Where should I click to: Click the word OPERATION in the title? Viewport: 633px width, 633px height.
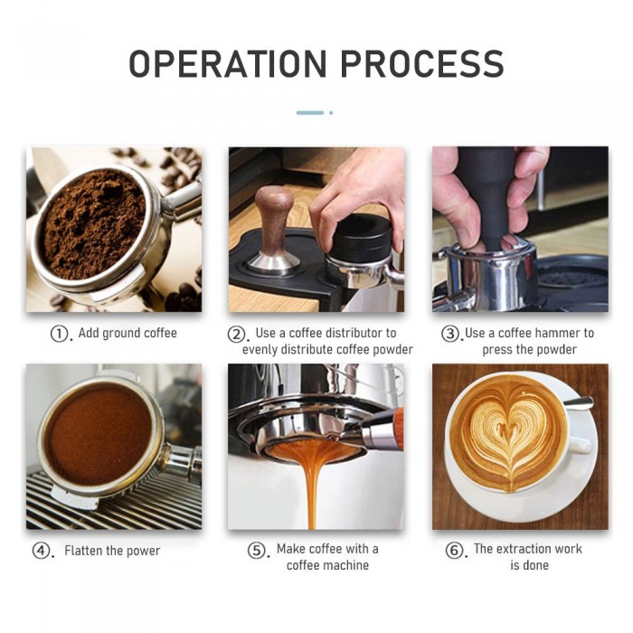(x=228, y=63)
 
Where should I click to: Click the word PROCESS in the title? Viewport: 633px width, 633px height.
(x=422, y=63)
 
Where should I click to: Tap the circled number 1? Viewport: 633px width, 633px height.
(x=59, y=334)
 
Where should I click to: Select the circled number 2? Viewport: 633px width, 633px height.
(x=236, y=335)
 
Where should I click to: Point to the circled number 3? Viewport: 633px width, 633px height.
(x=449, y=334)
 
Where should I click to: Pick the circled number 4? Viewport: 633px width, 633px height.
(x=41, y=551)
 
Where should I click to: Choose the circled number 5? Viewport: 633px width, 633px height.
(x=256, y=550)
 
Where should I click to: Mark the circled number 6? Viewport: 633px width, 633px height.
(x=454, y=550)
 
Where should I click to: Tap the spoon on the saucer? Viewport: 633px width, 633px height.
(x=578, y=403)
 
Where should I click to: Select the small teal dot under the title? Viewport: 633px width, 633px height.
(x=331, y=113)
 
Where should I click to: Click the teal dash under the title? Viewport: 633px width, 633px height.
(x=310, y=113)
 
